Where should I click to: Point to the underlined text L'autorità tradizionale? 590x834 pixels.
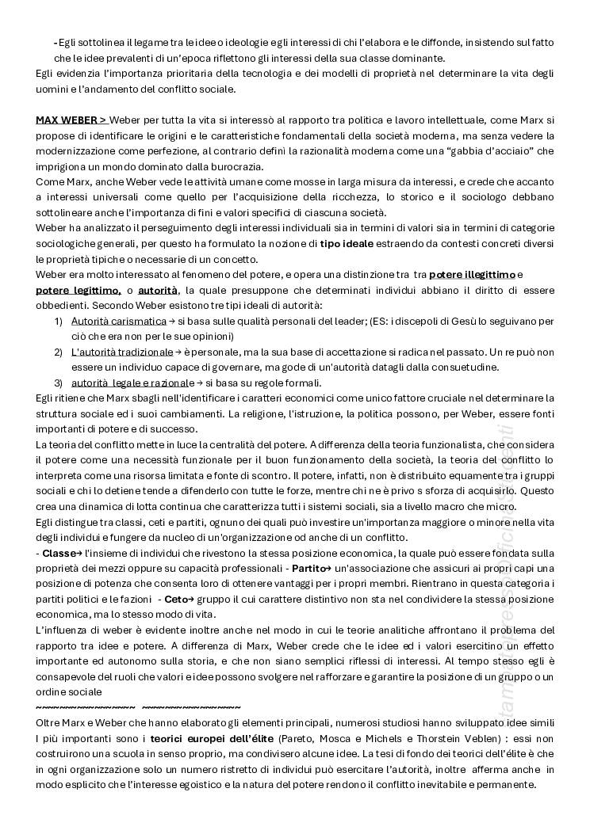[121, 352]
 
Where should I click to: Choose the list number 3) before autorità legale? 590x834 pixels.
[59, 383]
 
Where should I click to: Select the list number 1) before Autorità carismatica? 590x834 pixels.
[59, 321]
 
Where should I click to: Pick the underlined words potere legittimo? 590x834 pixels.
[78, 290]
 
